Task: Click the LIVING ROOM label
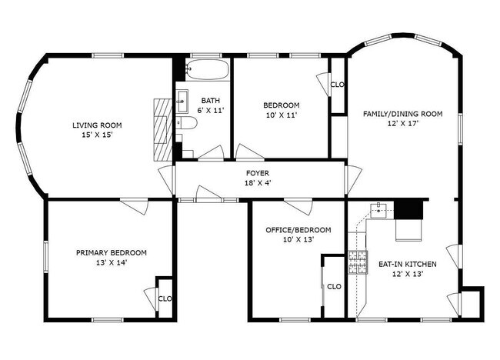(97, 125)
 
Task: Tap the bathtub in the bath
(207, 69)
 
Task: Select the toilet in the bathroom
(187, 123)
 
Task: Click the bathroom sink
(182, 101)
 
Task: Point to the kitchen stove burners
(358, 262)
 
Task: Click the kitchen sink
(378, 211)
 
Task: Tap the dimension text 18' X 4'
(258, 183)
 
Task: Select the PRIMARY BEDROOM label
(112, 253)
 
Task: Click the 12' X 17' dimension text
(403, 124)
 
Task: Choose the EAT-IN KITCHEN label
(408, 264)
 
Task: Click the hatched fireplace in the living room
(163, 129)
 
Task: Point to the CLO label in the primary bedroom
(165, 298)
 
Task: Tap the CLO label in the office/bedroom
(334, 287)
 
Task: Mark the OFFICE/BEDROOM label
(298, 230)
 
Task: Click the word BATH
(211, 101)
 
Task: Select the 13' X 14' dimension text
(112, 263)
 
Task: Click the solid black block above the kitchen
(408, 208)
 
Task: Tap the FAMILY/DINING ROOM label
(403, 114)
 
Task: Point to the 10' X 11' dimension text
(282, 115)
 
